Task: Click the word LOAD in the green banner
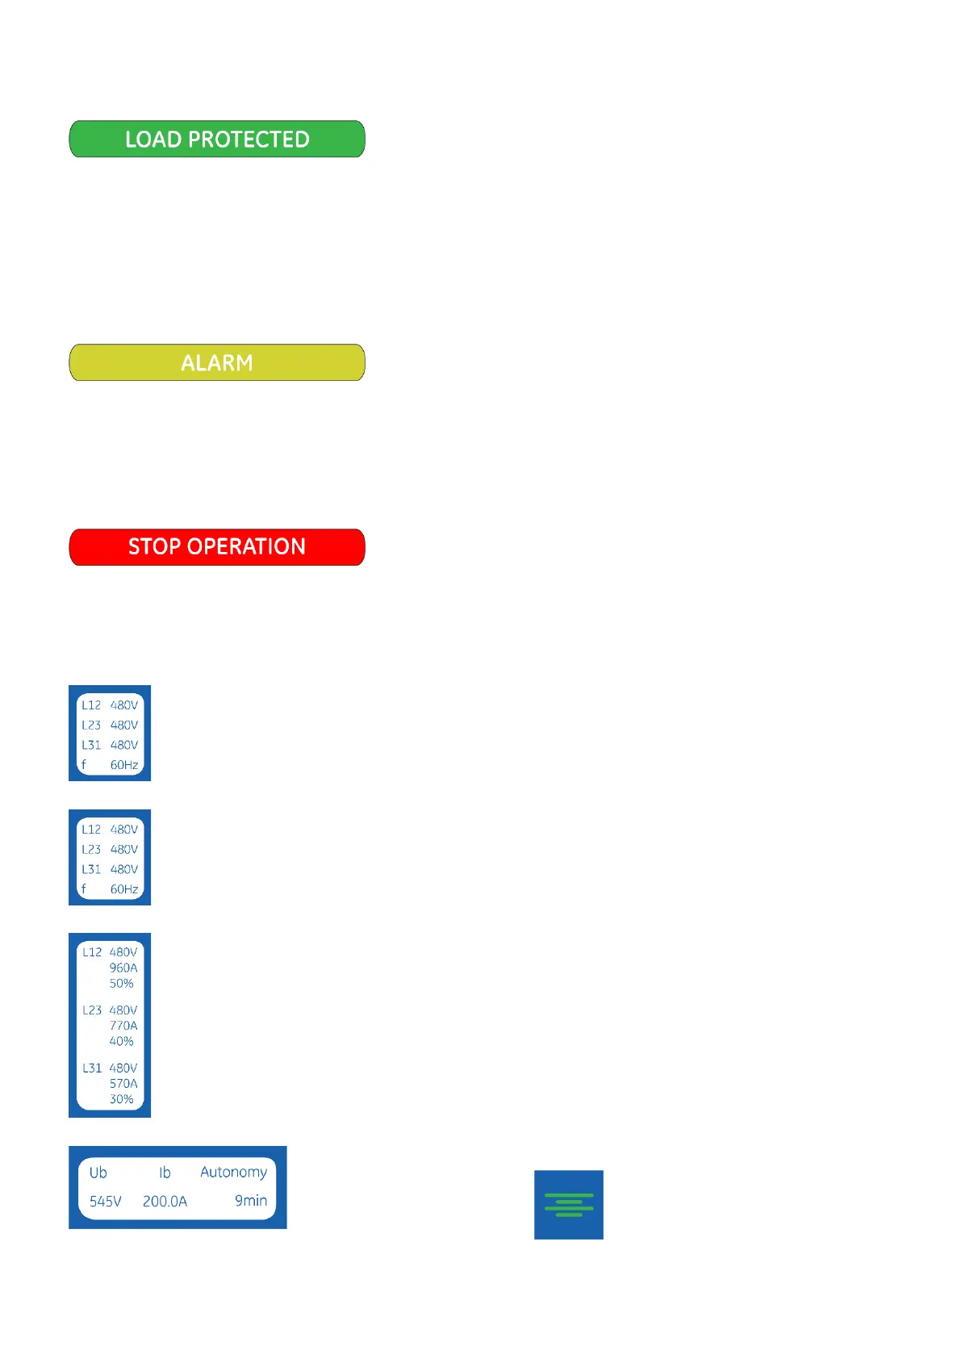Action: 153,140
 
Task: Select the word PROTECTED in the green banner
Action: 249,140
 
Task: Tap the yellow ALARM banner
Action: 217,363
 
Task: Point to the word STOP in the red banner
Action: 154,547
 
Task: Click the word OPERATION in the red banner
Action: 246,547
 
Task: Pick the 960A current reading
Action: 123,968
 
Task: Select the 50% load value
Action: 122,984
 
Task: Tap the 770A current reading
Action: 123,1026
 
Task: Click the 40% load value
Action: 122,1042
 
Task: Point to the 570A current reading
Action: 123,1084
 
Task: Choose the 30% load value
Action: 122,1100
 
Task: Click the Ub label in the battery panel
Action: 98,1173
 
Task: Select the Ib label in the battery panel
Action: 165,1173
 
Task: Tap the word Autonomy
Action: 233,1173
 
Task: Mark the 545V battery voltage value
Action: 106,1202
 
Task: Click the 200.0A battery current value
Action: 165,1202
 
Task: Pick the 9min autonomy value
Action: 251,1201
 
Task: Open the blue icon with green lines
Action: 569,1205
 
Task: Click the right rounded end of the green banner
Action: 355,140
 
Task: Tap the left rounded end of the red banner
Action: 79,547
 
